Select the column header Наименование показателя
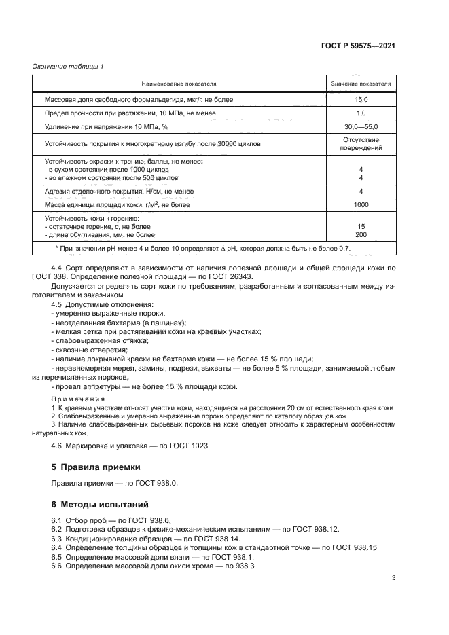pyautogui.click(x=179, y=84)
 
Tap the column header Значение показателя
pyautogui.click(x=361, y=84)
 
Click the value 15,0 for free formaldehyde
pyautogui.click(x=361, y=100)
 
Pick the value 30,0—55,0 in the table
pyautogui.click(x=361, y=127)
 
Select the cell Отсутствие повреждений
pyautogui.click(x=361, y=144)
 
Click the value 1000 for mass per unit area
pyautogui.click(x=361, y=204)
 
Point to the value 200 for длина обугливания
pyautogui.click(x=361, y=234)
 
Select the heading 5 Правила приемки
pyautogui.click(x=96, y=467)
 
